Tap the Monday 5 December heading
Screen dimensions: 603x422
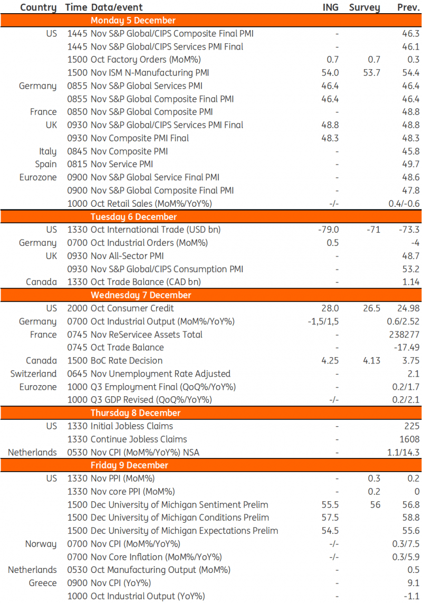(133, 21)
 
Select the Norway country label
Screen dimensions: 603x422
(41, 544)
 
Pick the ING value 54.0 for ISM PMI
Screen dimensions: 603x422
(330, 73)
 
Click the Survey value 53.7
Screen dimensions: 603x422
(371, 73)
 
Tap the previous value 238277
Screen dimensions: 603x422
(405, 334)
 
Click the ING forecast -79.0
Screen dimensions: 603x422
(328, 229)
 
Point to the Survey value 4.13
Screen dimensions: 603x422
(371, 361)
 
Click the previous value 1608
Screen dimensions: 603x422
(410, 439)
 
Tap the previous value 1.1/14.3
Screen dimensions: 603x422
(402, 452)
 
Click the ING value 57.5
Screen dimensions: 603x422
(330, 518)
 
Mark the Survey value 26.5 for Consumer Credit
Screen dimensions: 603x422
(371, 309)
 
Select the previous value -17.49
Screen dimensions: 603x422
(406, 348)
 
